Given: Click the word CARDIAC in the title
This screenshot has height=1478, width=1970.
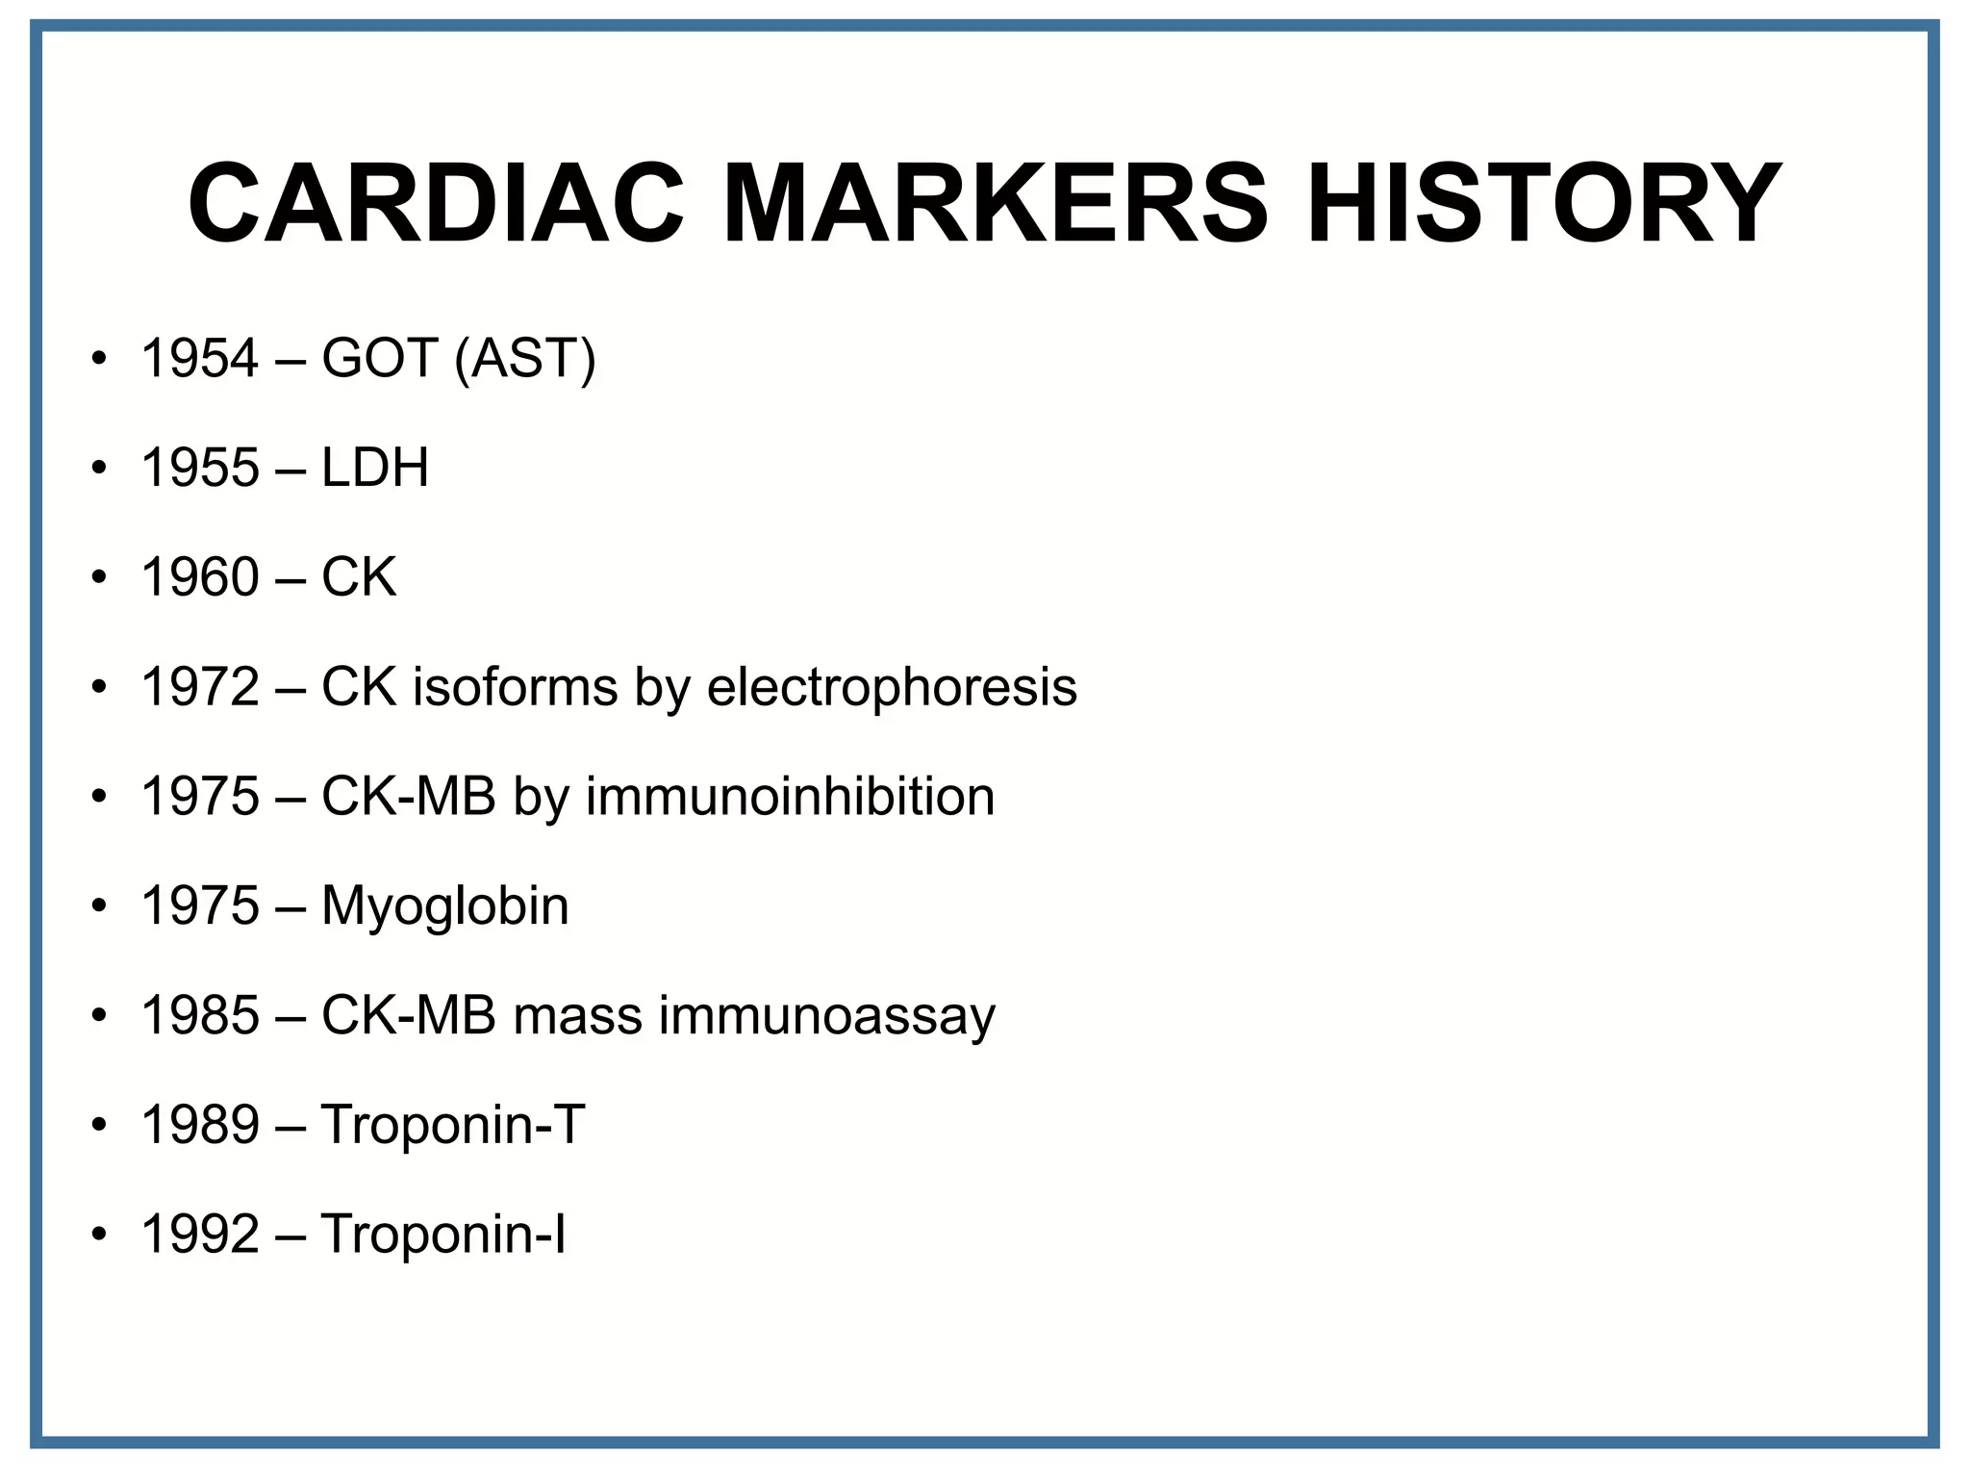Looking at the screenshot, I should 435,204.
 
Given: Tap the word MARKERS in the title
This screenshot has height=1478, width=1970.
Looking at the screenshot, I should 995,204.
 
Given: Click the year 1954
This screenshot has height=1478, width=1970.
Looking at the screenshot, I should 200,358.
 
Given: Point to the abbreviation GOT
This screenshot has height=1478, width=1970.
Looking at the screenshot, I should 380,358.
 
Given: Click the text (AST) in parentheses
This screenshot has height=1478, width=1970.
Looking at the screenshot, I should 525,358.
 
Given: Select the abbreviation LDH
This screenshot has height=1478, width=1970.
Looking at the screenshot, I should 375,468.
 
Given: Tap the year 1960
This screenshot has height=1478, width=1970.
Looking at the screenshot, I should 200,577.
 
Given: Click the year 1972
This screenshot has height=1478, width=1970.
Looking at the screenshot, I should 200,687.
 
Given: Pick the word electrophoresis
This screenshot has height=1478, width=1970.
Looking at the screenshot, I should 892,687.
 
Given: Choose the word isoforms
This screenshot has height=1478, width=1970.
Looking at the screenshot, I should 515,687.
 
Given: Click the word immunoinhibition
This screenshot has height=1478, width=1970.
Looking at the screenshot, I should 790,797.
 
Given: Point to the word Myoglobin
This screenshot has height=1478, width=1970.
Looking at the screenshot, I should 444,906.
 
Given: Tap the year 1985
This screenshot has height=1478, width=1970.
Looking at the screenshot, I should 200,1016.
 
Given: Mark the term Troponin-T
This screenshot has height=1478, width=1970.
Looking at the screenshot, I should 453,1125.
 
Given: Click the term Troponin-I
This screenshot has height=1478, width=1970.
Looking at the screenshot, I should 443,1235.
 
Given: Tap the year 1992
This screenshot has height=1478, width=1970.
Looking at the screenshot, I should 200,1235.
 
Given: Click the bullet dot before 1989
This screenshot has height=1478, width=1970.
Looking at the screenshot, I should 98,1125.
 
